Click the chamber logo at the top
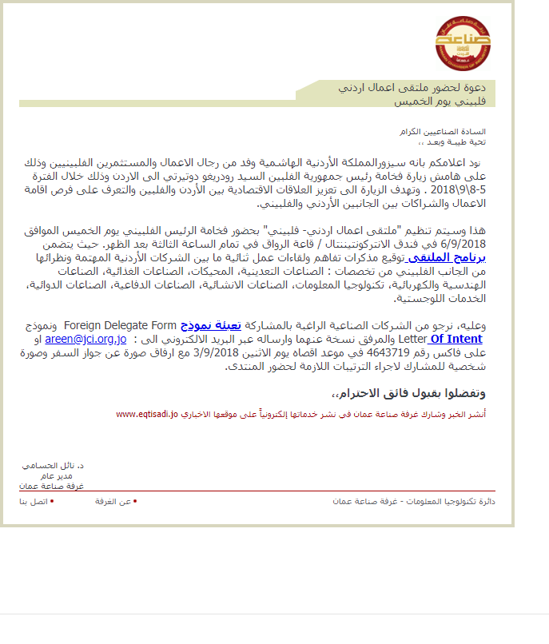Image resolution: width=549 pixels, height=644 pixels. pyautogui.click(x=463, y=42)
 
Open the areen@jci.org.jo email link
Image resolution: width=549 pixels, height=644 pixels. pyautogui.click(x=86, y=339)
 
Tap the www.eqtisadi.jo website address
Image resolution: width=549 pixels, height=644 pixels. pyautogui.click(x=146, y=415)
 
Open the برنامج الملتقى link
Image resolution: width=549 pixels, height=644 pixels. pyautogui.click(x=452, y=257)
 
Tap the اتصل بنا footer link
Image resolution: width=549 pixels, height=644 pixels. pyautogui.click(x=34, y=502)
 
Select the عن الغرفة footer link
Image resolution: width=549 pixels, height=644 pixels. pyautogui.click(x=113, y=502)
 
